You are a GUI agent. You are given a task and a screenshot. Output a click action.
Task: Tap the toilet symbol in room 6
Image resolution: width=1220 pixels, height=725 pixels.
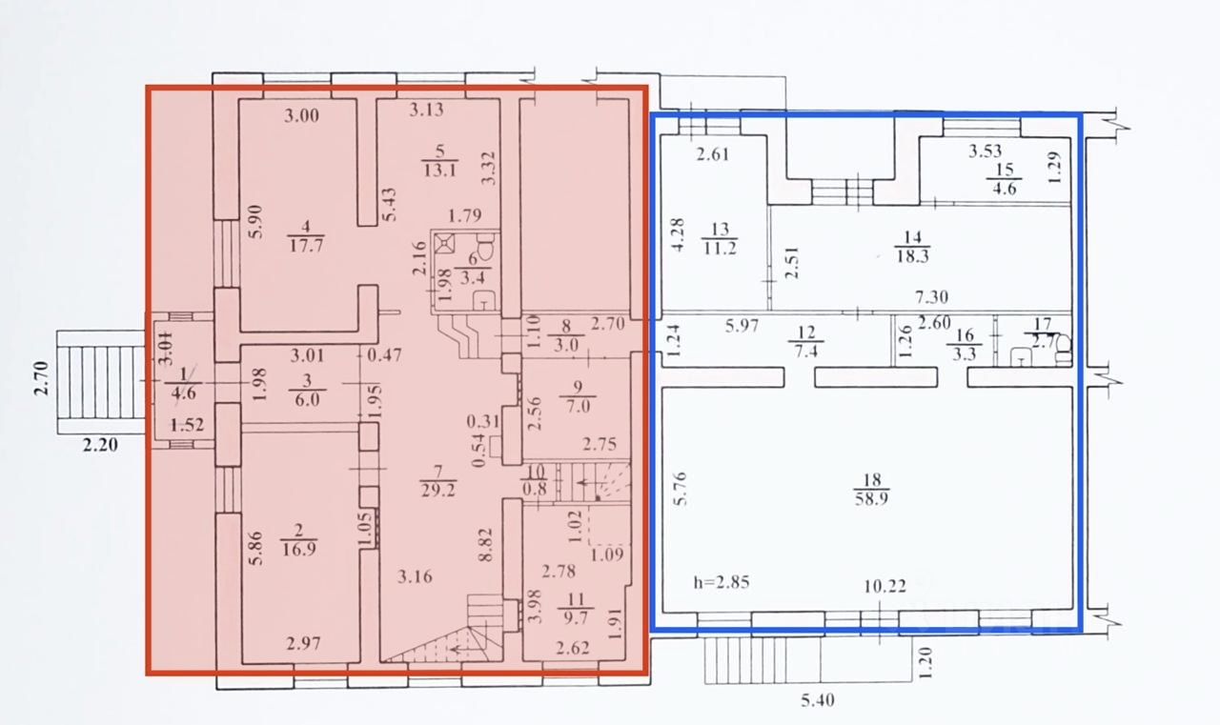click(x=484, y=250)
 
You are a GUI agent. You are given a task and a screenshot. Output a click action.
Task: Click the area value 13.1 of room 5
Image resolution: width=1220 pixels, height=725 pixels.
click(x=438, y=171)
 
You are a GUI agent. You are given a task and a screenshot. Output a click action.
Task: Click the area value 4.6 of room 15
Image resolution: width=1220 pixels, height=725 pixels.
click(x=1004, y=189)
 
